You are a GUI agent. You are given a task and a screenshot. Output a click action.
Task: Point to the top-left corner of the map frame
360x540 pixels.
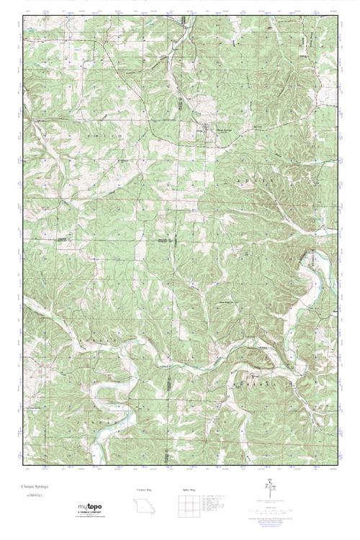click(x=23, y=16)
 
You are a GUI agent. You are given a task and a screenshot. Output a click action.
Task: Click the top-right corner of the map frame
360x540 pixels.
click(x=337, y=16)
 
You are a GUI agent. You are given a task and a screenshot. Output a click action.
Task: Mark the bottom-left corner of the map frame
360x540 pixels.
click(x=23, y=464)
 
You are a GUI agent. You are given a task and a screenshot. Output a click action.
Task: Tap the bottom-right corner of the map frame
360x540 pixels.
click(x=337, y=464)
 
